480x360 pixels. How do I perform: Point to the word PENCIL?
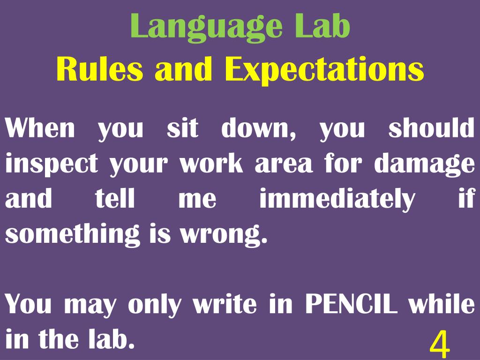click(352, 305)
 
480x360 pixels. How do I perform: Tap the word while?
click(441, 305)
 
